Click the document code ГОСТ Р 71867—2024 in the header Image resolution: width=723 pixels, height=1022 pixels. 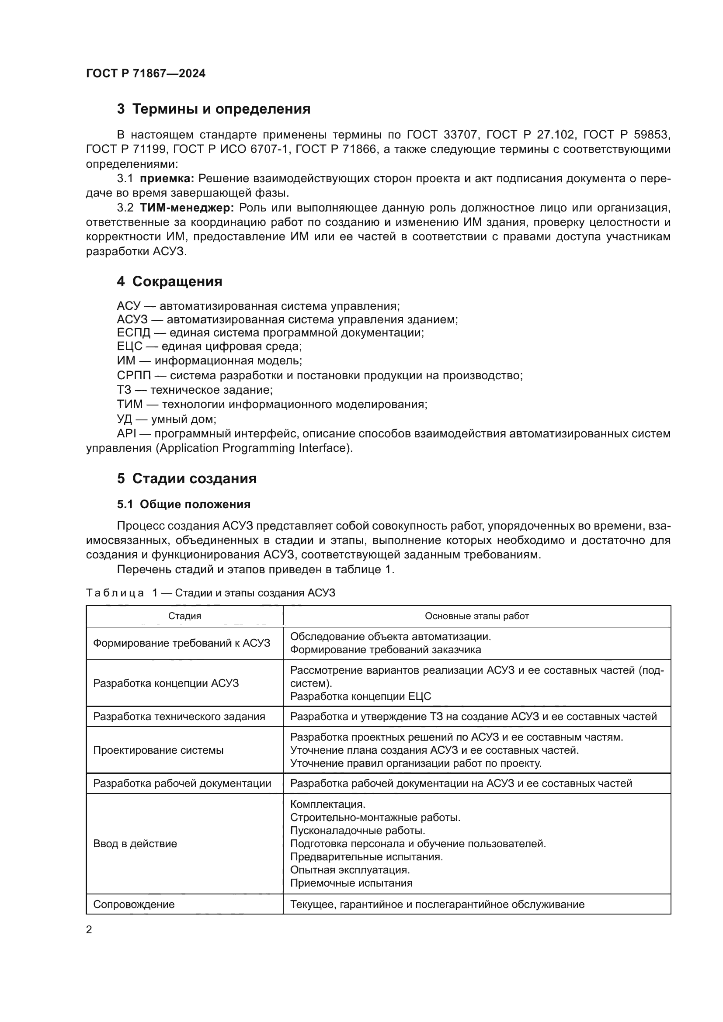pos(146,73)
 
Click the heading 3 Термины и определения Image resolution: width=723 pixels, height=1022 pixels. pos(213,109)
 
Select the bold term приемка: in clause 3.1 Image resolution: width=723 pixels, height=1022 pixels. pos(167,179)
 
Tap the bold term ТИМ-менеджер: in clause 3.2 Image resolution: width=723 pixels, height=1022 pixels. pos(187,208)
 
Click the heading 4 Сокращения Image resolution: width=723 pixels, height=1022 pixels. pos(169,281)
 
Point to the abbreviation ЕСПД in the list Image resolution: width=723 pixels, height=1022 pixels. pos(134,333)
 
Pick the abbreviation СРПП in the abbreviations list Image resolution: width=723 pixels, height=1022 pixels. pos(134,376)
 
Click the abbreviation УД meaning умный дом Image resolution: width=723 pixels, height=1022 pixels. pos(124,419)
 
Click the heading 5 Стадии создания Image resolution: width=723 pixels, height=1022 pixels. pos(187,478)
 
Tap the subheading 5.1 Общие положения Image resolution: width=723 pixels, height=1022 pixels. pos(184,504)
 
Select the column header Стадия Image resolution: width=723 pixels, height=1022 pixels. pos(184,616)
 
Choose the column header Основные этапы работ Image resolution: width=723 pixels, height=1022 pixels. pos(476,616)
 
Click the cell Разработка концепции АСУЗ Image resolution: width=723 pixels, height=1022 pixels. pos(166,683)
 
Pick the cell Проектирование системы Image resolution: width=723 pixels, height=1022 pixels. pos(158,750)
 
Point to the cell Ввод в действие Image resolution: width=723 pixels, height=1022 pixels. pos(135,843)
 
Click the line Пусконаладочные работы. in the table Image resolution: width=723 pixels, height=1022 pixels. pos(358,831)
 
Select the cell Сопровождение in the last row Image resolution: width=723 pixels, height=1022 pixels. pos(134,904)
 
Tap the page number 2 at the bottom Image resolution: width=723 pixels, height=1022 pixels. pos(89,929)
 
